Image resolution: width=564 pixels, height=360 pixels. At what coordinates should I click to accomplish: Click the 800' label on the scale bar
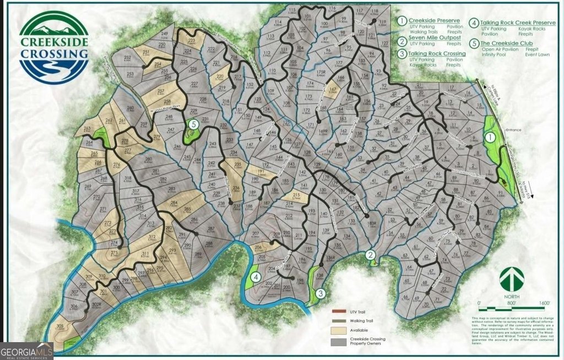tap(511, 303)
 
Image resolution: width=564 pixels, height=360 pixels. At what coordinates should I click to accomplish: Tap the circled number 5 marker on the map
tap(194, 124)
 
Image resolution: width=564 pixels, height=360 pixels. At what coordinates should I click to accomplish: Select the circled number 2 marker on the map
tap(372, 254)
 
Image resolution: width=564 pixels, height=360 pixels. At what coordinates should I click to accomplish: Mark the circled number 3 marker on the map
tap(319, 293)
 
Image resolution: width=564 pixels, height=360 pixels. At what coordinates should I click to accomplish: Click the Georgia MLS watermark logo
tap(27, 349)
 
